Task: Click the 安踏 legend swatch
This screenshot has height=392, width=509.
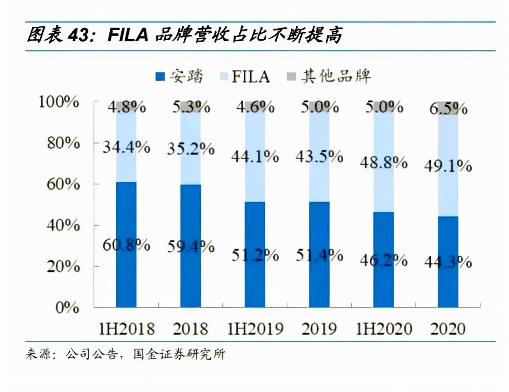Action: pyautogui.click(x=160, y=76)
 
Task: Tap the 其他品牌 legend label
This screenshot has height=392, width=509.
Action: pyautogui.click(x=336, y=76)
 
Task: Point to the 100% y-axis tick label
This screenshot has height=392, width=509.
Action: pyautogui.click(x=59, y=102)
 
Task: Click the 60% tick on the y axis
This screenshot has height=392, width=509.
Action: pyautogui.click(x=63, y=184)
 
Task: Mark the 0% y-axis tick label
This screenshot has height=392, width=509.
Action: pyautogui.click(x=67, y=307)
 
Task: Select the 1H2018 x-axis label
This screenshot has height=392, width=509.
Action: pyautogui.click(x=126, y=329)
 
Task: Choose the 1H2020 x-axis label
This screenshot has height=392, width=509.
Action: pyautogui.click(x=384, y=329)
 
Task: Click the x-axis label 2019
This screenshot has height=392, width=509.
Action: pyautogui.click(x=319, y=329)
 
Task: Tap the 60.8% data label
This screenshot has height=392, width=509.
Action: pyautogui.click(x=126, y=245)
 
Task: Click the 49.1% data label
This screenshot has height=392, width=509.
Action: pyautogui.click(x=448, y=166)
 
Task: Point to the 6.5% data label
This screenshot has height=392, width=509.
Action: pyautogui.click(x=448, y=108)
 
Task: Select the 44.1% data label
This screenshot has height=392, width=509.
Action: pyautogui.click(x=255, y=157)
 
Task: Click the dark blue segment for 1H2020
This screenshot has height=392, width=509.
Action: pyautogui.click(x=384, y=278)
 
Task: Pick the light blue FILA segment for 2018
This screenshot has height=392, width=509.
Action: pyautogui.click(x=190, y=167)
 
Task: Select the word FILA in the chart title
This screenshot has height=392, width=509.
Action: pyautogui.click(x=128, y=35)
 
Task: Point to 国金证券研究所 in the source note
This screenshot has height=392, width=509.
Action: pyautogui.click(x=179, y=353)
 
